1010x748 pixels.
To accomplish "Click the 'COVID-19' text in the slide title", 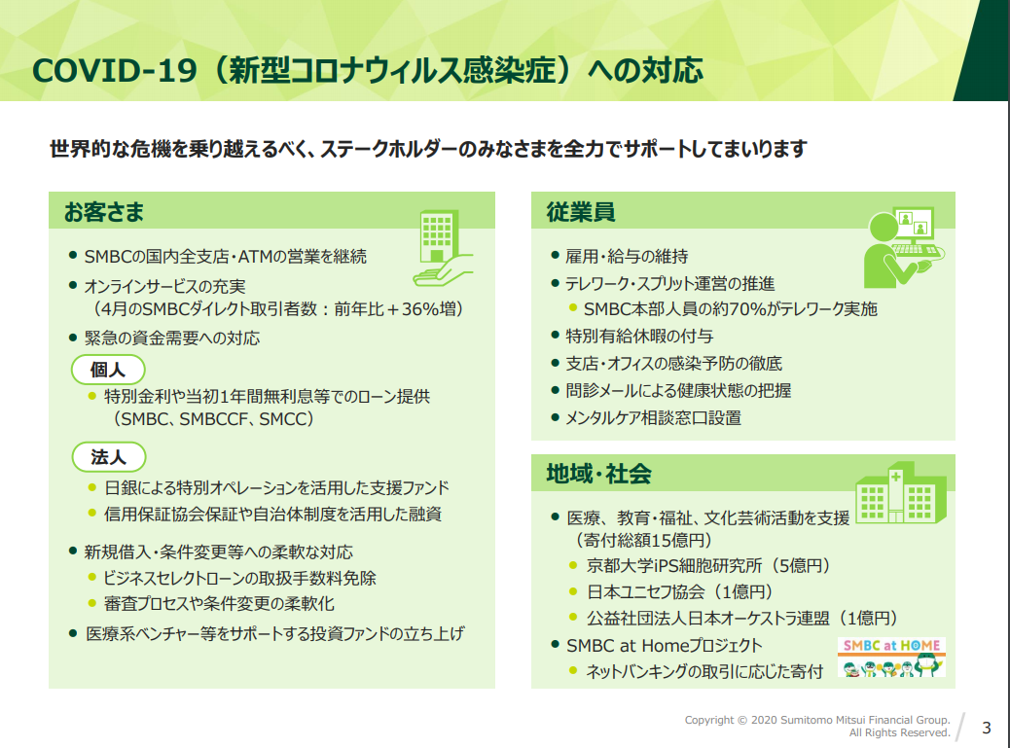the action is point(115,70).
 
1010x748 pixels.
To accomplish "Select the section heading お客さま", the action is point(104,212).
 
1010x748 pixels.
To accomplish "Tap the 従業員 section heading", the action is point(581,212).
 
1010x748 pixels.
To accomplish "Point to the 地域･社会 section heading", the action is point(599,474).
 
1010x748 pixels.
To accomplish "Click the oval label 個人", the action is point(108,370).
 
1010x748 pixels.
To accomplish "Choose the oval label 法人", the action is point(109,457).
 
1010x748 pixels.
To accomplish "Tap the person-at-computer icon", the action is point(904,247).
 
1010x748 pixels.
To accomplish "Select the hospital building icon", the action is point(900,492).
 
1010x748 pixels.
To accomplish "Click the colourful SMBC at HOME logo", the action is point(891,657).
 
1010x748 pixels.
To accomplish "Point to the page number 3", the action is point(987,728).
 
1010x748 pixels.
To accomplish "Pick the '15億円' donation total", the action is point(674,540).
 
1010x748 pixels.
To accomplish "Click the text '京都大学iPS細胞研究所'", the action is point(674,566).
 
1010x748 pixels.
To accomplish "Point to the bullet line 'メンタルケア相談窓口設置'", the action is point(653,418).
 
